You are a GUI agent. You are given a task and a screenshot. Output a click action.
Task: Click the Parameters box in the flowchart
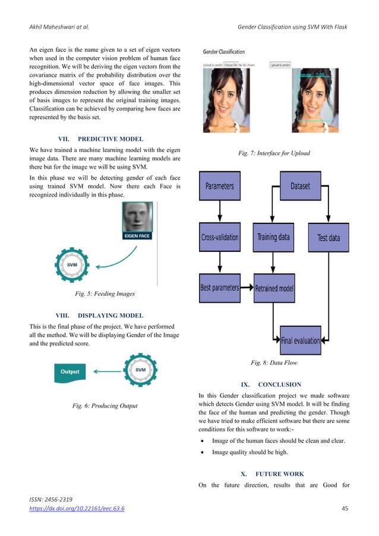point(220,186)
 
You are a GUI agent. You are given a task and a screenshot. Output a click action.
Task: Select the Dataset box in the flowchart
point(300,186)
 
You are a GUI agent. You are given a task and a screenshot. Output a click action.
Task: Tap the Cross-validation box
point(219,237)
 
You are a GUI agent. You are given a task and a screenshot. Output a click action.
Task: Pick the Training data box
point(273,237)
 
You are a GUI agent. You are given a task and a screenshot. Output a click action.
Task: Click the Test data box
point(329,237)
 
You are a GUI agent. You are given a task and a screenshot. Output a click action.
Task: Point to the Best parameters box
point(219,288)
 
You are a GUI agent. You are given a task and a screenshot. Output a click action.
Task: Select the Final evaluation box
point(300,340)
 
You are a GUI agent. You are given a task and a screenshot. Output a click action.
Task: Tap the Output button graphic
point(70,372)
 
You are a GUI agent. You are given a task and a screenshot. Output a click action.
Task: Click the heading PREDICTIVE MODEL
point(110,140)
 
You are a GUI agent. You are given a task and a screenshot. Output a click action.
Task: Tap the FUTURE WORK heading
point(279,474)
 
